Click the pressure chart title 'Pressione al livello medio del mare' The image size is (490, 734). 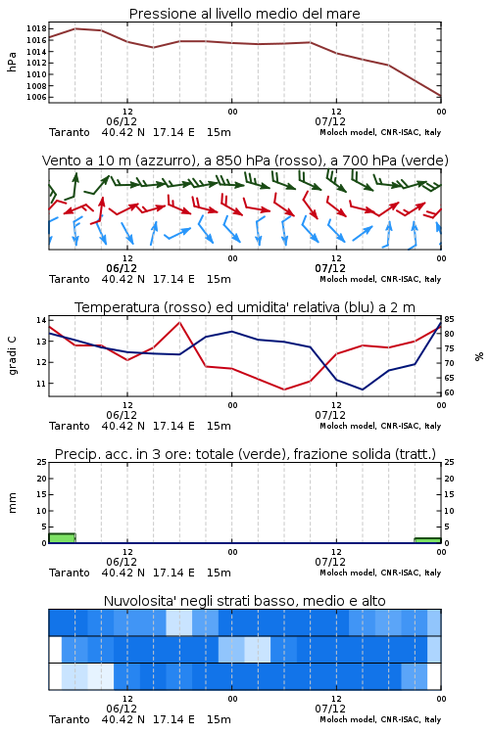tap(244, 14)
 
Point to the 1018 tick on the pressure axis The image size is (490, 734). tap(36, 28)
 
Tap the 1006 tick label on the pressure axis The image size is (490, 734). tap(36, 97)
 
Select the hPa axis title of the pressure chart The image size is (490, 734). tap(12, 62)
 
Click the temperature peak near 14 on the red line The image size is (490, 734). tap(179, 322)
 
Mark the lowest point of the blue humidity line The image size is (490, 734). tap(362, 390)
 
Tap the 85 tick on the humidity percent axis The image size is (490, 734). tap(449, 319)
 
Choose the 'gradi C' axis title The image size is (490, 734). tap(12, 355)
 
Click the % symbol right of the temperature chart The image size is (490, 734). tap(479, 356)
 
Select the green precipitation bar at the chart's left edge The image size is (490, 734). tap(62, 538)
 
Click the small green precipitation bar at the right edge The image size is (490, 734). tap(427, 540)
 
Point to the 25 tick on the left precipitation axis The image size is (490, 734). tap(42, 462)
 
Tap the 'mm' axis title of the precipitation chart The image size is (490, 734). tap(12, 503)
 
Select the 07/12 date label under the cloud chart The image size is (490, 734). tap(330, 709)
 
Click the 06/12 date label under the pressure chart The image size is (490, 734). tap(122, 121)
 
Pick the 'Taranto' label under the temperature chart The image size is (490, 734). tap(70, 426)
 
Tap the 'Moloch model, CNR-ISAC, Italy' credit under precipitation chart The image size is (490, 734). tap(380, 573)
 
